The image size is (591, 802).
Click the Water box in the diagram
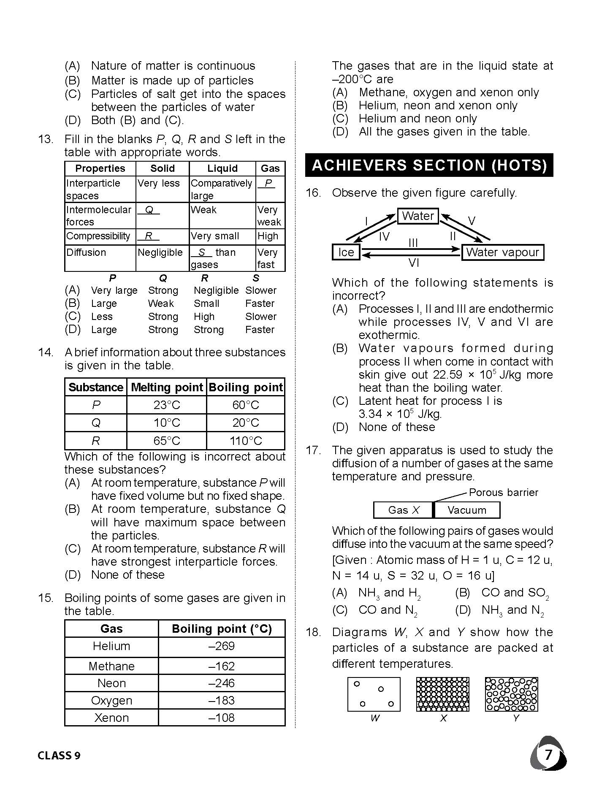tap(417, 216)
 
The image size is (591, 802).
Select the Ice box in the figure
tap(346, 252)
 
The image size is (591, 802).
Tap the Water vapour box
tap(502, 252)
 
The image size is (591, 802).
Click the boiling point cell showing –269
tap(222, 646)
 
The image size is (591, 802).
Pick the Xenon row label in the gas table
tap(111, 718)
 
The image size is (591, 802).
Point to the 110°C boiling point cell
tap(246, 441)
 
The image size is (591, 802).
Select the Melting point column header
tap(167, 387)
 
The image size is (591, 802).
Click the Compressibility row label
tap(98, 236)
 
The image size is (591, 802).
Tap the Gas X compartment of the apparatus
tap(404, 510)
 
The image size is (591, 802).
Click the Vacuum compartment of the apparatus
tap(466, 510)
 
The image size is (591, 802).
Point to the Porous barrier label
tap(503, 492)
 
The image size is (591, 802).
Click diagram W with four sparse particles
tap(374, 694)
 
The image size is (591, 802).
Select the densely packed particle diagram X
tap(442, 694)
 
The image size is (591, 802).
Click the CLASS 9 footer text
tap(59, 755)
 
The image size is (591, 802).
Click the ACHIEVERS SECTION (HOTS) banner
tap(429, 165)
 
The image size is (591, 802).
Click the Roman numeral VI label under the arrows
tap(414, 263)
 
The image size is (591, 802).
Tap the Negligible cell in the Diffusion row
tap(160, 252)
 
